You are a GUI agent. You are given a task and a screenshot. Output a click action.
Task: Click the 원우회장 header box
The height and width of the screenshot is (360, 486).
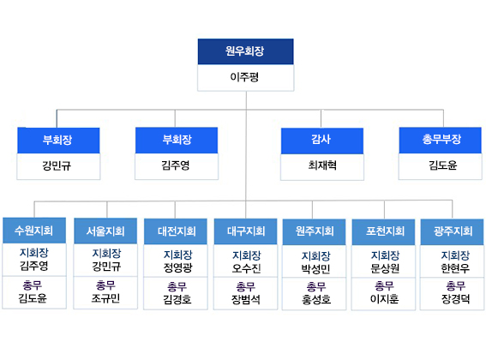[245, 51]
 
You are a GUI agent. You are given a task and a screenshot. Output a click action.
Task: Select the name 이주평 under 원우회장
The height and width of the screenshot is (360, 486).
[244, 77]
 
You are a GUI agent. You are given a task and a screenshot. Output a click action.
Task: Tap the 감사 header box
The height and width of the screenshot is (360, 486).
[322, 141]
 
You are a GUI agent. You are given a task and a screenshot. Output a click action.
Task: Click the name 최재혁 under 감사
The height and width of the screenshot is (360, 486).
[322, 165]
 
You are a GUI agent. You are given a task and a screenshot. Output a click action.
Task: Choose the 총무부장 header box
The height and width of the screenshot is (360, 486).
[440, 141]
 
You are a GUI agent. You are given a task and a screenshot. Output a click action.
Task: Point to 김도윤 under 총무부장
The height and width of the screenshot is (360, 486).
[442, 165]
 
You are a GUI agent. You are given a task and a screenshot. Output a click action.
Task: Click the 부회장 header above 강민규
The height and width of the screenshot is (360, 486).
[58, 141]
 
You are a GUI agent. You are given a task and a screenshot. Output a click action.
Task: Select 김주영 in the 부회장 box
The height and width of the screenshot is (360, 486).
[176, 165]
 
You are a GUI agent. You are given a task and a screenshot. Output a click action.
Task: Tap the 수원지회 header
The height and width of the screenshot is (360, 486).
[34, 231]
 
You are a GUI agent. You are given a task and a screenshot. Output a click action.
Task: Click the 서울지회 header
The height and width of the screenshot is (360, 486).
[105, 231]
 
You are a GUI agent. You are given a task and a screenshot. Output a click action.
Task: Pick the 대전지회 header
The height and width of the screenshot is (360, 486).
[176, 231]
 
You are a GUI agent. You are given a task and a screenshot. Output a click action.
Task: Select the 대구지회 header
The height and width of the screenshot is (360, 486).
[245, 231]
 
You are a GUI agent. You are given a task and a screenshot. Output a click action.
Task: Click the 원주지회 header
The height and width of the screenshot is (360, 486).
[314, 232]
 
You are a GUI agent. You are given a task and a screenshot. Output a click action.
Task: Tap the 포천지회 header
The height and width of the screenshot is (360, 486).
[383, 232]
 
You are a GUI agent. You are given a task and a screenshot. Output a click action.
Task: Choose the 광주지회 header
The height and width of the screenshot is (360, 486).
[452, 232]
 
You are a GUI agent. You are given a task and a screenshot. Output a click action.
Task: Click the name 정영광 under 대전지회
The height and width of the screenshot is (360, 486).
[178, 267]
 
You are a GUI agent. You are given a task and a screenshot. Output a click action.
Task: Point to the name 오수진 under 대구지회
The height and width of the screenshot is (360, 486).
[246, 268]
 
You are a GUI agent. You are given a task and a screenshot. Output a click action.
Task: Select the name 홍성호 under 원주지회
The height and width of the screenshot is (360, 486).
[316, 299]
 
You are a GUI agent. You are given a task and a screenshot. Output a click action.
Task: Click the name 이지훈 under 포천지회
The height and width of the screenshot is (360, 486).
[384, 299]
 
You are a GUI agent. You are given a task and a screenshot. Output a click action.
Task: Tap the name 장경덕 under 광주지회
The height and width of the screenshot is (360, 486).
[455, 299]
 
